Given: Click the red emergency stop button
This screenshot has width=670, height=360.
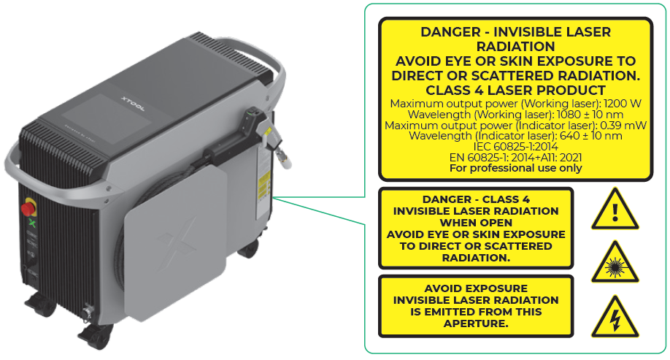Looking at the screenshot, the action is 28,209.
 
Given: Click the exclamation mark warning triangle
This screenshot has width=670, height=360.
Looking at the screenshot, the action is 615,210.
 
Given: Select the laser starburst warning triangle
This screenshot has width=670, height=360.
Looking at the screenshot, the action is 615,263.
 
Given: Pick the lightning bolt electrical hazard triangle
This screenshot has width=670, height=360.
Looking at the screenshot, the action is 615,317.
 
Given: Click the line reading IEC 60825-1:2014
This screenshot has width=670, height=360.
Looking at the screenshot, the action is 516,147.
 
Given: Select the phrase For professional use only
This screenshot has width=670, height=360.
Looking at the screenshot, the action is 516,168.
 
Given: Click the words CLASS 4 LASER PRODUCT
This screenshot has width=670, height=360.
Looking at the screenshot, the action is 516,91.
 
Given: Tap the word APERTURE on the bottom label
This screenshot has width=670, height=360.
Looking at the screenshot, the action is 476,323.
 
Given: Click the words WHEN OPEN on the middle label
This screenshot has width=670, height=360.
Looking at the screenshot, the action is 476,223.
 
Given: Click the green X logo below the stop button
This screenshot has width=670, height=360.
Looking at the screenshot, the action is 31,223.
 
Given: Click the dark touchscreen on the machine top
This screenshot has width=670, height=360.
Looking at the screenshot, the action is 107,118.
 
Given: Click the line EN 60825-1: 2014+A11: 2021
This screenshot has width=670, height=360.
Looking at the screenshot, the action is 516,157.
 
